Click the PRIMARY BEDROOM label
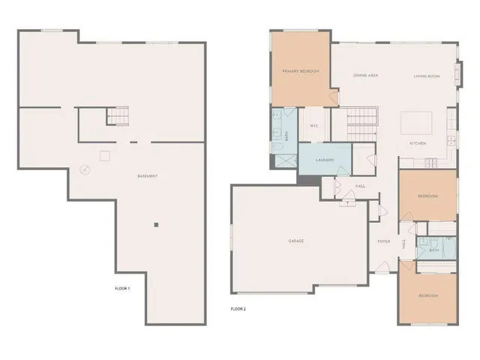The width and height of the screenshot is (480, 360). click(301, 71)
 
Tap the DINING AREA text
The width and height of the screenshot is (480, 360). click(365, 76)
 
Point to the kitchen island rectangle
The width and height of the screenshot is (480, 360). click(416, 122)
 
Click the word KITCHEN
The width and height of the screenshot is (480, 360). click(418, 142)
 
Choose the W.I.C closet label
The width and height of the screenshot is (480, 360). click(314, 125)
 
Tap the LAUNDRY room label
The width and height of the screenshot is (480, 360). click(324, 160)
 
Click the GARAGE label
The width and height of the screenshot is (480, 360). click(296, 241)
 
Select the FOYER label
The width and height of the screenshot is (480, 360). click(383, 241)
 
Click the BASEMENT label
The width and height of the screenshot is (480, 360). click(147, 176)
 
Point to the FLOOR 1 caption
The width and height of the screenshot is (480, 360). click(122, 289)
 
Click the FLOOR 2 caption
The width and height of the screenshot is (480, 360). click(238, 308)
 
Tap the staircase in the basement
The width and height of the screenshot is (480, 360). click(118, 116)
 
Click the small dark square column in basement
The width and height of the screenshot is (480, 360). click(156, 224)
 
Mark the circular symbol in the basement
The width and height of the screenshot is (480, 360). click(85, 169)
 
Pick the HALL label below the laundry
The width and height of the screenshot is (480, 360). click(360, 186)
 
